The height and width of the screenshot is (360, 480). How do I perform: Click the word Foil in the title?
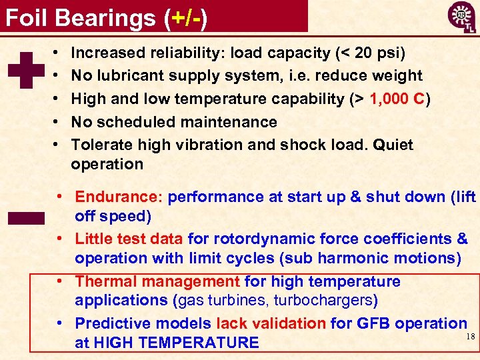click(x=27, y=17)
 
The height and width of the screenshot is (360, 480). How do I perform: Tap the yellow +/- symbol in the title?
click(x=185, y=17)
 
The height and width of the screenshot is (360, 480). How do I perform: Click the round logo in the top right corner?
click(x=461, y=15)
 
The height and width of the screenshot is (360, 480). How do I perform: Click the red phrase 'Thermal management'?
click(x=157, y=281)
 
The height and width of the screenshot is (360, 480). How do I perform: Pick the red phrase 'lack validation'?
click(x=270, y=323)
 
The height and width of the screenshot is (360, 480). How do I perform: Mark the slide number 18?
click(x=471, y=337)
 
